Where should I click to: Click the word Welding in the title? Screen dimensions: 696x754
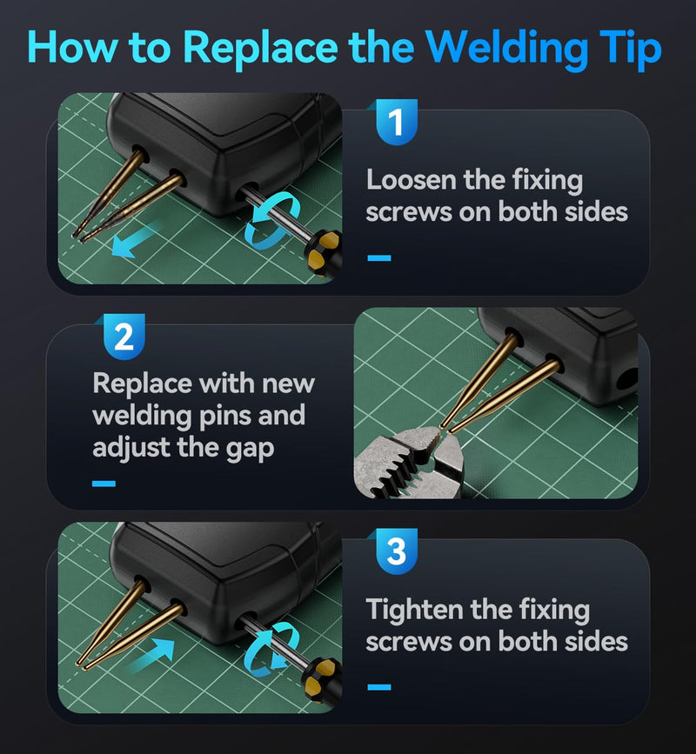pos(506,49)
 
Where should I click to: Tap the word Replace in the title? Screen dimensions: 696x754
pos(260,48)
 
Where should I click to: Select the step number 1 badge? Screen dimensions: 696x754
pos(397,122)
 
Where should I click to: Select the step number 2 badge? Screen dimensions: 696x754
pos(124,337)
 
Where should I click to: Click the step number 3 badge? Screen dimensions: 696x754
pos(397,551)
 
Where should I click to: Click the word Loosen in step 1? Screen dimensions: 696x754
pos(411,180)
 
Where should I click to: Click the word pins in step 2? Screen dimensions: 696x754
pos(225,417)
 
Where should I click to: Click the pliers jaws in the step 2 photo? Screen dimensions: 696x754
pos(409,462)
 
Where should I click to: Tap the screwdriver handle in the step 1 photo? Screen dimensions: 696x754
pos(324,254)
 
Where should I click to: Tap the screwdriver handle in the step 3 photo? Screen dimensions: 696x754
pos(322,683)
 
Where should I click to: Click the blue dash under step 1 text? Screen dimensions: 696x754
pos(379,257)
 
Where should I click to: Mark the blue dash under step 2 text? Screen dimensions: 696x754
pos(104,484)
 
